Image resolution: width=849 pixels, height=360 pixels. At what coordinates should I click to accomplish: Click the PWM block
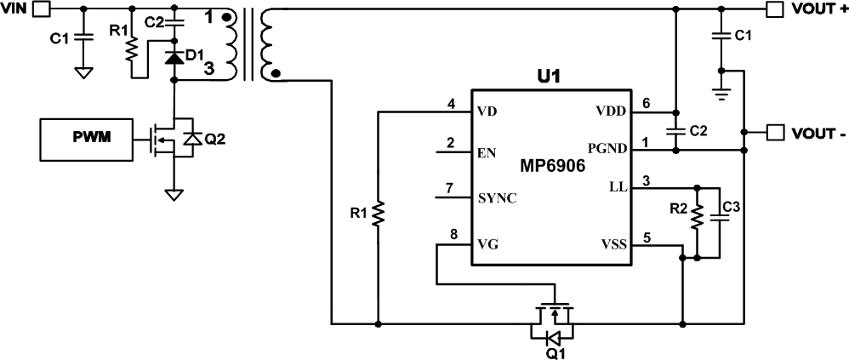click(86, 139)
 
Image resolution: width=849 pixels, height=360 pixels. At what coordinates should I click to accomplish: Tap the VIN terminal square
click(43, 9)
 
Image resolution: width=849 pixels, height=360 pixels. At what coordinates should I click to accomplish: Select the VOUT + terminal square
click(774, 9)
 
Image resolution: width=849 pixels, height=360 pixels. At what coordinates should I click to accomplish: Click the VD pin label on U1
click(487, 112)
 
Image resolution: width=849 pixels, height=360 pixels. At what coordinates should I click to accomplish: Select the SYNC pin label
click(498, 198)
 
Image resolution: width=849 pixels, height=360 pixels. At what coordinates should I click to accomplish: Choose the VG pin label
click(487, 245)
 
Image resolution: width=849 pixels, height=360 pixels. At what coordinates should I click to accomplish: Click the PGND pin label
click(607, 148)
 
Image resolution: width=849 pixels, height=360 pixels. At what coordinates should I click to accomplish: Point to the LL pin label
click(618, 187)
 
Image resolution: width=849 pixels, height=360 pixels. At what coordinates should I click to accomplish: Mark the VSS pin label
click(613, 245)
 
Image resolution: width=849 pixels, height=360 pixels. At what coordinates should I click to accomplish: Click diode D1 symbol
click(174, 57)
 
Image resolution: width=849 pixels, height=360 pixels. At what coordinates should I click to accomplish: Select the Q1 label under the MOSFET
click(555, 354)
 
